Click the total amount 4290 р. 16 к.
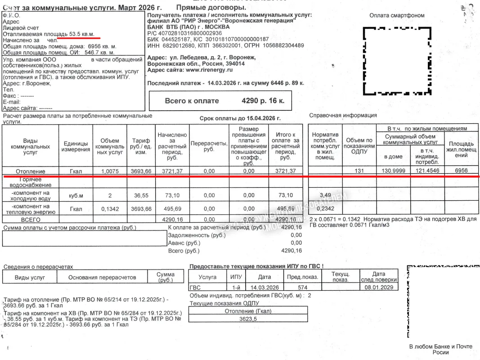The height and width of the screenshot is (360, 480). click(263, 101)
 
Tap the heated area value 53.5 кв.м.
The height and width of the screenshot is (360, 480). click(85, 34)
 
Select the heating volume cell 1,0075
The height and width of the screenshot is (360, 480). click(109, 171)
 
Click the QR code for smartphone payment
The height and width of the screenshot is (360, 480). click(396, 61)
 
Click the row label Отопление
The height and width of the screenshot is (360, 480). click(31, 171)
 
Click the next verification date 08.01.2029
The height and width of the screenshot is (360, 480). click(379, 288)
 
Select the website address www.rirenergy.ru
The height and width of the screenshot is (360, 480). click(209, 70)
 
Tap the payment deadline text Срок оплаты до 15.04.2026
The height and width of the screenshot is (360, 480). click(240, 118)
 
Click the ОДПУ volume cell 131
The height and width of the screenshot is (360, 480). click(359, 171)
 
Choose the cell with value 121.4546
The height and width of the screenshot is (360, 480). click(427, 171)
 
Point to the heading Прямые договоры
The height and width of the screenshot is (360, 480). click(211, 8)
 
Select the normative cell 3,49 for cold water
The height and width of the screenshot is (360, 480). click(325, 195)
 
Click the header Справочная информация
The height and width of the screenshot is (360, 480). click(343, 115)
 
